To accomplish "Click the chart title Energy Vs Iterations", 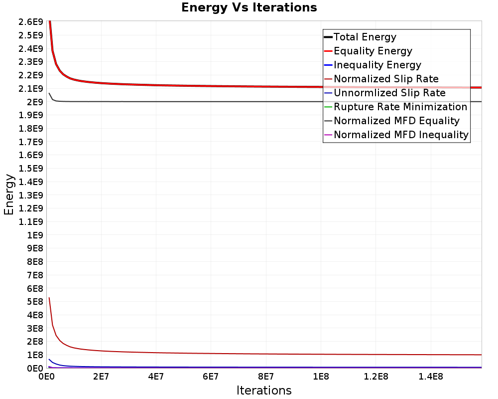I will (x=249, y=7).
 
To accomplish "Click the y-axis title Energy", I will (x=8, y=194).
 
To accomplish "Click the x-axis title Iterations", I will (x=264, y=390).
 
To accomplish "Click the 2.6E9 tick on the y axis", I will (x=30, y=22).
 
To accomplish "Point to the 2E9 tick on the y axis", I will (x=35, y=102).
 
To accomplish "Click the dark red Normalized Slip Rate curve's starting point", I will (x=49, y=298).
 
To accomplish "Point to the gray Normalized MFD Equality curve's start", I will (x=49, y=93).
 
